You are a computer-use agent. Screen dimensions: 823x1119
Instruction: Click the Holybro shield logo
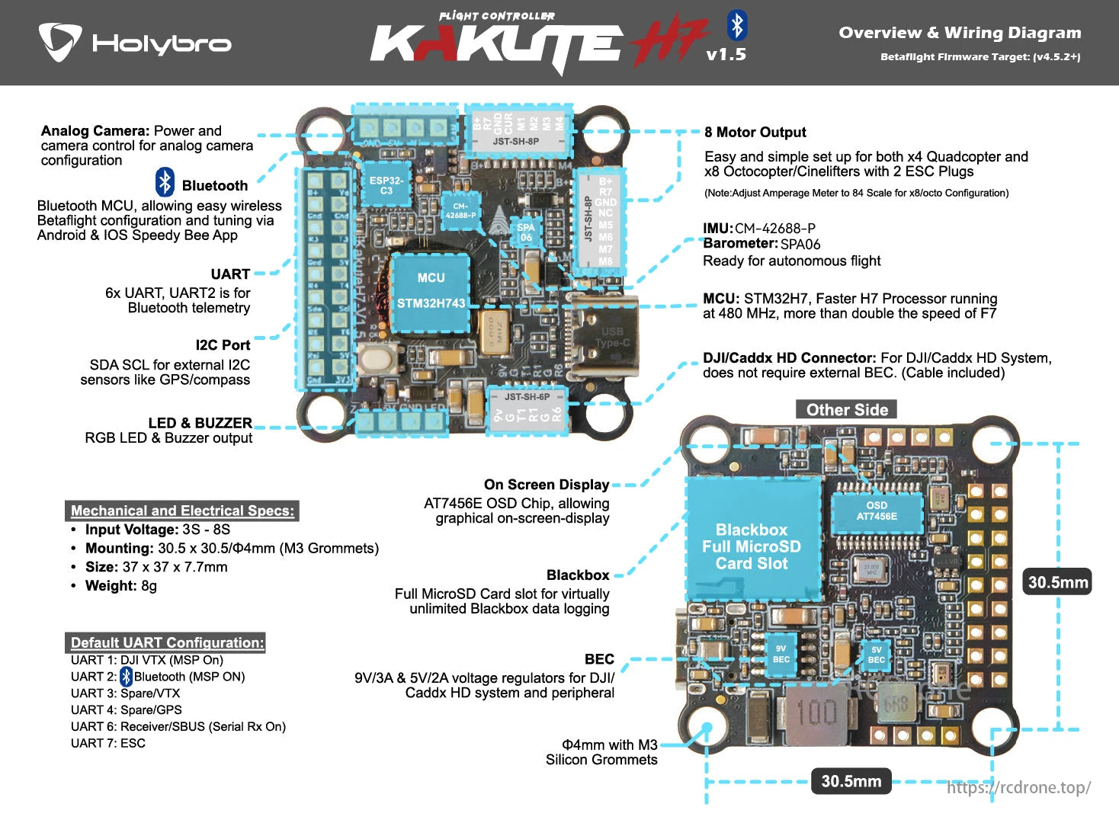59,41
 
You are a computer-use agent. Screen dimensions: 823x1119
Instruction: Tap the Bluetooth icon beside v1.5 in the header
736,25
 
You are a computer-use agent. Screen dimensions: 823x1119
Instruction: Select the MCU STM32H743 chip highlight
431,291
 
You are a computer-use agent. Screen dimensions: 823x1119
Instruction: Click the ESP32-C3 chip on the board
386,185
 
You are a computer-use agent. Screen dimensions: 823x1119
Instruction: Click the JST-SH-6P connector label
527,396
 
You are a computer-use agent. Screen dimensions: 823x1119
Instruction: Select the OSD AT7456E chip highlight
877,511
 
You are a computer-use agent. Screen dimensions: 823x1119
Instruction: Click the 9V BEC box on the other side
781,654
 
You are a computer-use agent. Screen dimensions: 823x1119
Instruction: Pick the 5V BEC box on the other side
877,655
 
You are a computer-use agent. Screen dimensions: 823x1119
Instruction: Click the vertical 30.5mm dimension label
1058,582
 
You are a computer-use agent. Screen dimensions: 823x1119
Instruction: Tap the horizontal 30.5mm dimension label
851,781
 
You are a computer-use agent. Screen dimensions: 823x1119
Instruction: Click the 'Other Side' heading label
846,410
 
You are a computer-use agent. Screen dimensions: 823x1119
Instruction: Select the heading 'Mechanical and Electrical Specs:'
182,511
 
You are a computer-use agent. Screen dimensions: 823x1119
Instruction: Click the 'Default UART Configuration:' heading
167,642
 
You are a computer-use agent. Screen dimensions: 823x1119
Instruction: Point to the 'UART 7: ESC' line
107,743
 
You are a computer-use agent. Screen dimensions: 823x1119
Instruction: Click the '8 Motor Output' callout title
755,132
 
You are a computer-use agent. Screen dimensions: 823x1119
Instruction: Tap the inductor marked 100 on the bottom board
816,712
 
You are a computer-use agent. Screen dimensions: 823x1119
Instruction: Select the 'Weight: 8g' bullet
120,585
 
